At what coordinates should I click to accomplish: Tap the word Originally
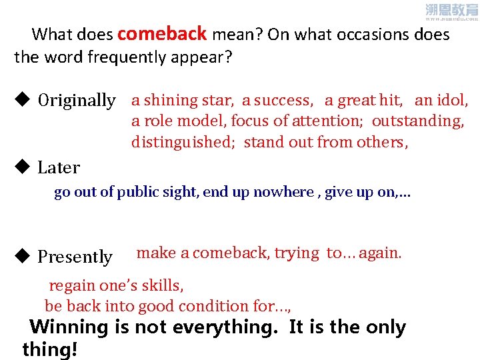pos(77,101)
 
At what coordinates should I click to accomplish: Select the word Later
pos(59,168)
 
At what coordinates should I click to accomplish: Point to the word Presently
pos(75,257)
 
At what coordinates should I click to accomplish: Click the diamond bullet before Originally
pos(21,100)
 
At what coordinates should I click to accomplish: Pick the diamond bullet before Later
pos(21,167)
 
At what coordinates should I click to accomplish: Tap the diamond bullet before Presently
pos(21,256)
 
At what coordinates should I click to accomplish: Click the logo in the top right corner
pos(451,11)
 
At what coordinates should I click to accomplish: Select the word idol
pos(453,101)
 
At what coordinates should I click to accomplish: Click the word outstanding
pos(417,121)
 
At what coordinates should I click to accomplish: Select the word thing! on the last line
pos(50,349)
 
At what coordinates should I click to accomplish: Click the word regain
pos(72,286)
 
